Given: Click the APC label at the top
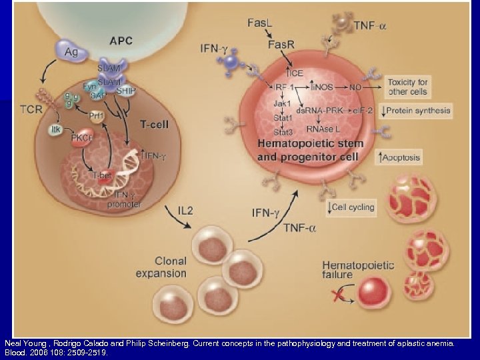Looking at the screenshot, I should click(121, 41).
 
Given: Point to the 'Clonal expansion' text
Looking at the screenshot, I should click(161, 267).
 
